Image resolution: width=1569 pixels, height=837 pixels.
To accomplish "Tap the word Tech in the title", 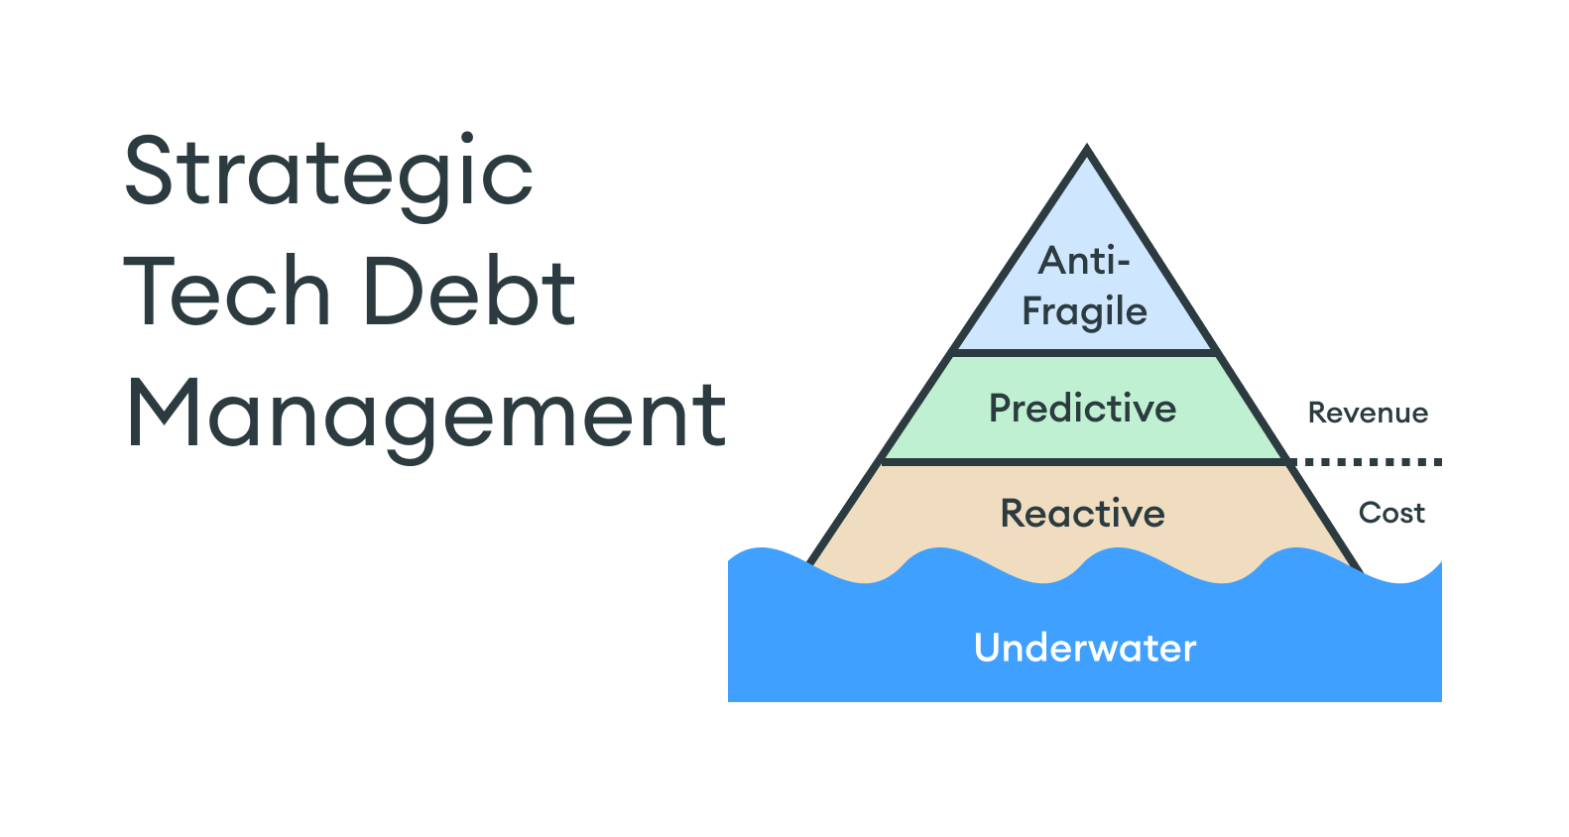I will pyautogui.click(x=226, y=292).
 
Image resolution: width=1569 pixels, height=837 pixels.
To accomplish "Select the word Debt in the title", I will pyautogui.click(x=469, y=292).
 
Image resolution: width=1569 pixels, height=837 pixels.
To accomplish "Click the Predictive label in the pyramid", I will pyautogui.click(x=1082, y=409).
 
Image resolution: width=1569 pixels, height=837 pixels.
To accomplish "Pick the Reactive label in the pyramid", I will pyautogui.click(x=1082, y=514).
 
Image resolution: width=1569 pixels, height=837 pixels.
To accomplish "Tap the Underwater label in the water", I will pyautogui.click(x=1085, y=648).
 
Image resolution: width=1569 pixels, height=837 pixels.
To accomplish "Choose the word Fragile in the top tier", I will pyautogui.click(x=1084, y=312).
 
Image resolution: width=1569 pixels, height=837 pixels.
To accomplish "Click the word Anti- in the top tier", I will pyautogui.click(x=1084, y=262).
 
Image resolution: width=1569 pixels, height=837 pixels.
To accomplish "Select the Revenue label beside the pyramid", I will pyautogui.click(x=1368, y=413).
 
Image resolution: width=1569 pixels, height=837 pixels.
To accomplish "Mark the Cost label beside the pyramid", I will pyautogui.click(x=1391, y=513).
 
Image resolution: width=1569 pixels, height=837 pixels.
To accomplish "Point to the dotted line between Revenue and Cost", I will pyautogui.click(x=1369, y=461).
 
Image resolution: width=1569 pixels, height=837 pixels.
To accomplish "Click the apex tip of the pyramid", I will pyautogui.click(x=1087, y=152).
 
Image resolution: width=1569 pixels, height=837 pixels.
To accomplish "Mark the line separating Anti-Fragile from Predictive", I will pyautogui.click(x=1084, y=352).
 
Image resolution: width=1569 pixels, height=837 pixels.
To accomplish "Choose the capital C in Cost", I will pyautogui.click(x=1370, y=513).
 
